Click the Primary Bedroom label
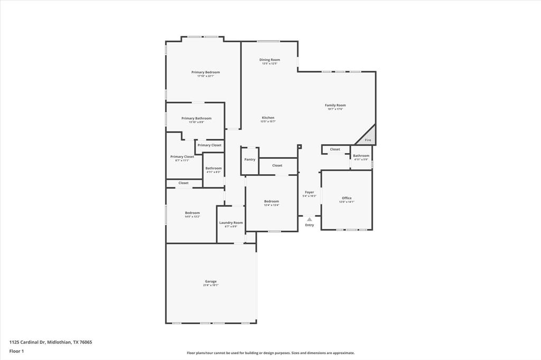click(x=206, y=72)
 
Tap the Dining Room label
click(x=269, y=60)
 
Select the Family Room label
click(x=335, y=106)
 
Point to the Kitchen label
click(x=268, y=118)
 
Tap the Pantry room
click(x=249, y=159)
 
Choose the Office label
click(x=347, y=198)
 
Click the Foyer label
click(x=310, y=192)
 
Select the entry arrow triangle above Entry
click(x=310, y=219)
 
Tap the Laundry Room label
click(x=231, y=223)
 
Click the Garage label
click(x=211, y=281)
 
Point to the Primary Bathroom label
click(x=196, y=118)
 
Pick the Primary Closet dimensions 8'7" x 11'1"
click(x=182, y=160)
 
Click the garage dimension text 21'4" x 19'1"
click(x=211, y=286)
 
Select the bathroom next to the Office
click(x=361, y=157)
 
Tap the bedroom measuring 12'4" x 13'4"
click(x=272, y=203)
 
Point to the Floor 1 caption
click(x=17, y=351)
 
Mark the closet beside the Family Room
click(x=335, y=149)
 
